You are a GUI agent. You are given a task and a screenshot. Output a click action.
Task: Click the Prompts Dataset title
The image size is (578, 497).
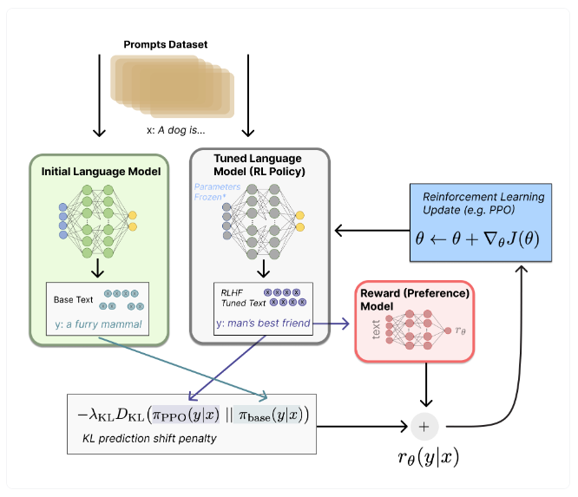[166, 44]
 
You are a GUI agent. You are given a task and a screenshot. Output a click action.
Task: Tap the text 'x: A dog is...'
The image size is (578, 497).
[176, 130]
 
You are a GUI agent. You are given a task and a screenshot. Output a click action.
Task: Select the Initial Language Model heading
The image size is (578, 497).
[101, 172]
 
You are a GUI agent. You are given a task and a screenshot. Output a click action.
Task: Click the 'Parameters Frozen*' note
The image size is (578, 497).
[217, 192]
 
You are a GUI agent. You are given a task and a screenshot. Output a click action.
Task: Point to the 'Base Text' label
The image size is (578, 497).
[74, 300]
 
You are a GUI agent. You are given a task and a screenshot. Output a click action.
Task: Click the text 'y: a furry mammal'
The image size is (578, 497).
[98, 324]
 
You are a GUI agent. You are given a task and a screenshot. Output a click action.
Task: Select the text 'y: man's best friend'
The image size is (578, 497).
[263, 324]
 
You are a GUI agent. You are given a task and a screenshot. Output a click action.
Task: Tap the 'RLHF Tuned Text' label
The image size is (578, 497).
[243, 298]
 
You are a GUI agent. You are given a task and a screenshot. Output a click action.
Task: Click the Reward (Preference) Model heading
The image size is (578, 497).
[415, 299]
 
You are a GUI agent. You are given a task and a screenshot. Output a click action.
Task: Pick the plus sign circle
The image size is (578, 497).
[424, 427]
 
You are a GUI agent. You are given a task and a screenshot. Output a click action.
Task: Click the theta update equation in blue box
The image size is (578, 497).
[477, 239]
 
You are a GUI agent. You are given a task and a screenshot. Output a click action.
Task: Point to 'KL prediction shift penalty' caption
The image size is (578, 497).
[149, 438]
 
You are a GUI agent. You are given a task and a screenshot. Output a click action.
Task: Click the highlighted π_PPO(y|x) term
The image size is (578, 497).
[186, 415]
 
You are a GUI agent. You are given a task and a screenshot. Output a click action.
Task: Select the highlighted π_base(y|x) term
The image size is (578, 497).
[271, 415]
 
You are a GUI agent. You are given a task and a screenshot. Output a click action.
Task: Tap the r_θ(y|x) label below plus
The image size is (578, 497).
[429, 458]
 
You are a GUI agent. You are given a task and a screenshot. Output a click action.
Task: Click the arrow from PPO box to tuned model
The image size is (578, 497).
[372, 231]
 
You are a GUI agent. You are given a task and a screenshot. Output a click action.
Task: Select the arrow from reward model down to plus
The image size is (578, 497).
[426, 384]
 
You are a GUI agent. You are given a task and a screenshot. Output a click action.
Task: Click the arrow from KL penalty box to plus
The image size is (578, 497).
[362, 427]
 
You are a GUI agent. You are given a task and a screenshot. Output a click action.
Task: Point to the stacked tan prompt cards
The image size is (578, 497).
[172, 87]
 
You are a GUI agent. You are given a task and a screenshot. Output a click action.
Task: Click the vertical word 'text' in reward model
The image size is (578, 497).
[376, 330]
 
